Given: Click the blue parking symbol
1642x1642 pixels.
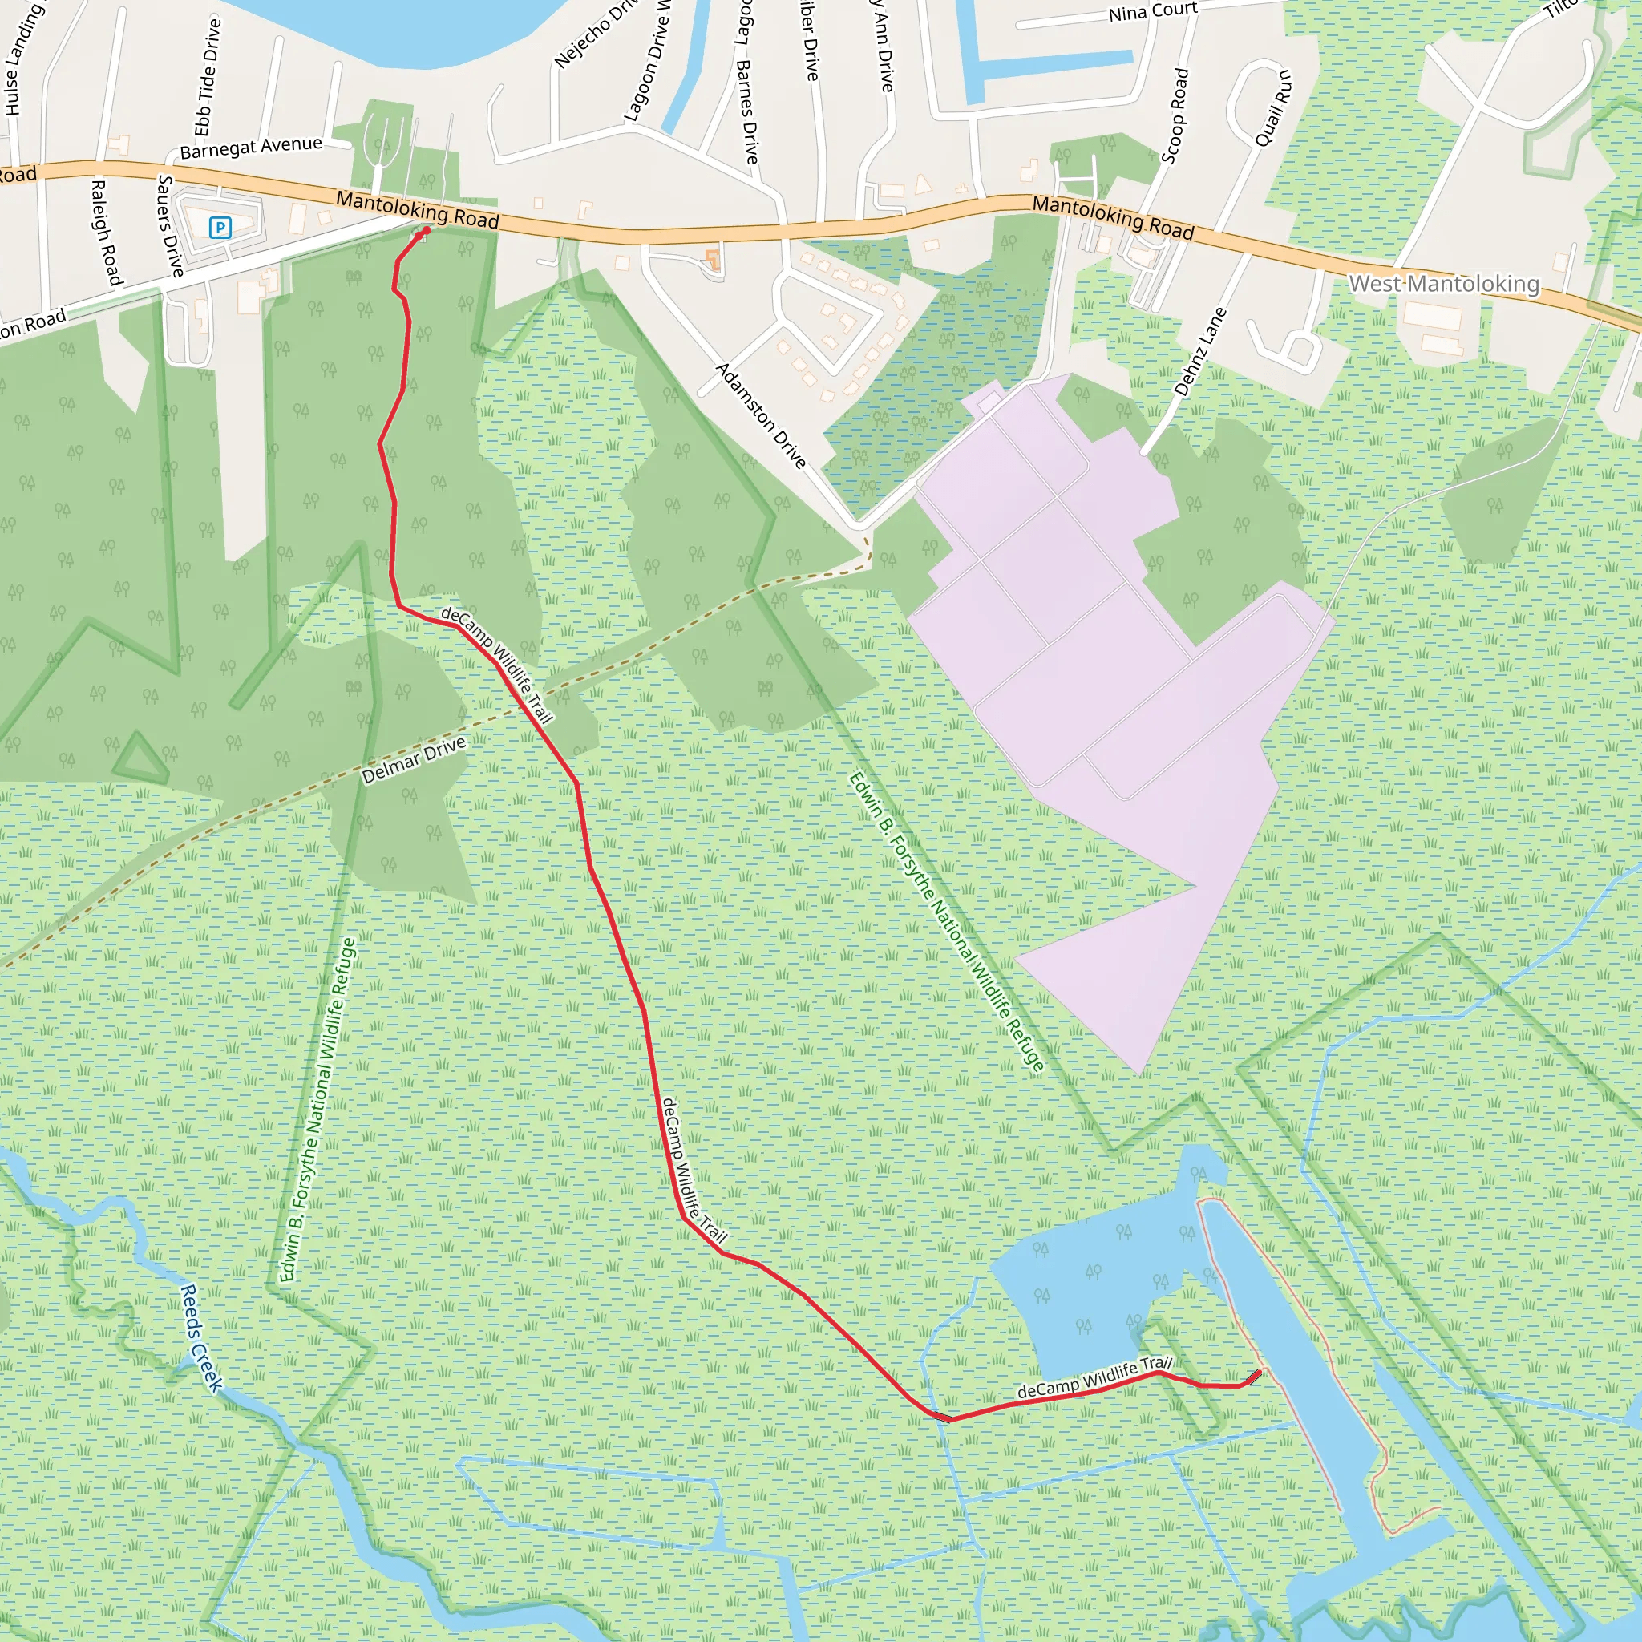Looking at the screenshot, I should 220,227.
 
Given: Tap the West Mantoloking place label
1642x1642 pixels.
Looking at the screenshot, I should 1443,283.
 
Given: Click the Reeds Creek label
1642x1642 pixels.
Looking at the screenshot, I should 200,1339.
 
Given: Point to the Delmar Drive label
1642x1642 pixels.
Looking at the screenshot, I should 414,760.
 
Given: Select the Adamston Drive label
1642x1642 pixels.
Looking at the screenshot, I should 761,415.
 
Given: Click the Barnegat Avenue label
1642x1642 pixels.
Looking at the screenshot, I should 251,148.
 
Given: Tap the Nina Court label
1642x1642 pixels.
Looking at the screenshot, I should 1152,12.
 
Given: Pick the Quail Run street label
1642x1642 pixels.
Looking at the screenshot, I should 1273,108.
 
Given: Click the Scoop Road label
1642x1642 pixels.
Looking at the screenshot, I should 1175,116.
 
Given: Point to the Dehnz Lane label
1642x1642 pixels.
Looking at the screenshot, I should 1200,352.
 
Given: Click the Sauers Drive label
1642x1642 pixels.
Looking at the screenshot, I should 171,226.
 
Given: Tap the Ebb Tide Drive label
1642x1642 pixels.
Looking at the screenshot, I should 208,77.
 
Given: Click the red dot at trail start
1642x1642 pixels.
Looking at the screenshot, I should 426,229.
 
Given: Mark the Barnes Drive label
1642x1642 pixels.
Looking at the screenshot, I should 747,111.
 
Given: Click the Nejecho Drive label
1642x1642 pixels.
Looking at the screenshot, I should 595,34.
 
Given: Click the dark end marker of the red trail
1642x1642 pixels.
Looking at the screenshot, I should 1255,1376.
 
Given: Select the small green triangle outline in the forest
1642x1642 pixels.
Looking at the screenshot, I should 141,759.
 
